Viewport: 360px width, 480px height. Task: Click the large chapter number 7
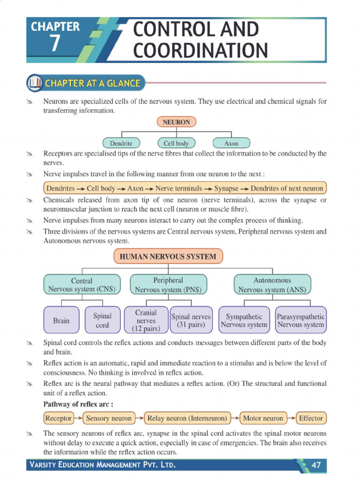coord(55,43)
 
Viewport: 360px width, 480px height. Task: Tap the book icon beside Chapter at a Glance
coord(35,83)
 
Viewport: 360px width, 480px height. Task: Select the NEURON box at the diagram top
coord(176,122)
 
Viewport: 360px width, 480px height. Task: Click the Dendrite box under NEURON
coord(121,143)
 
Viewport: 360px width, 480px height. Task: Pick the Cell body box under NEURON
coord(176,143)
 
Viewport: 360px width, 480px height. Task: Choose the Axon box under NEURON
coord(231,143)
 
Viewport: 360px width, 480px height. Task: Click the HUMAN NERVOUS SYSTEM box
coord(168,257)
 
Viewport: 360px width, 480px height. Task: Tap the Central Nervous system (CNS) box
coord(82,285)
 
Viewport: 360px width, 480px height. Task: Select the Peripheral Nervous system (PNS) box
coord(168,285)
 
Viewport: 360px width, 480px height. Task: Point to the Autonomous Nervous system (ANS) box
coord(272,285)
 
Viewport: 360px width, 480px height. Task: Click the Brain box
coord(61,321)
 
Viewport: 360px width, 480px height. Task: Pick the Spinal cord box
coord(102,321)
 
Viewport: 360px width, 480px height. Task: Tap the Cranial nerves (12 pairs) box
coord(146,321)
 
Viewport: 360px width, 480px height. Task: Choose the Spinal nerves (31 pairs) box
coord(191,320)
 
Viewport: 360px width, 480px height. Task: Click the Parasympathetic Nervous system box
coord(300,321)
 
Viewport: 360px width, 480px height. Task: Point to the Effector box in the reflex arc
coord(311,418)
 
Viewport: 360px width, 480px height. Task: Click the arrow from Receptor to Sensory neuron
coord(78,418)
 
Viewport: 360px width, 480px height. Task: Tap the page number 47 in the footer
coord(316,465)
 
